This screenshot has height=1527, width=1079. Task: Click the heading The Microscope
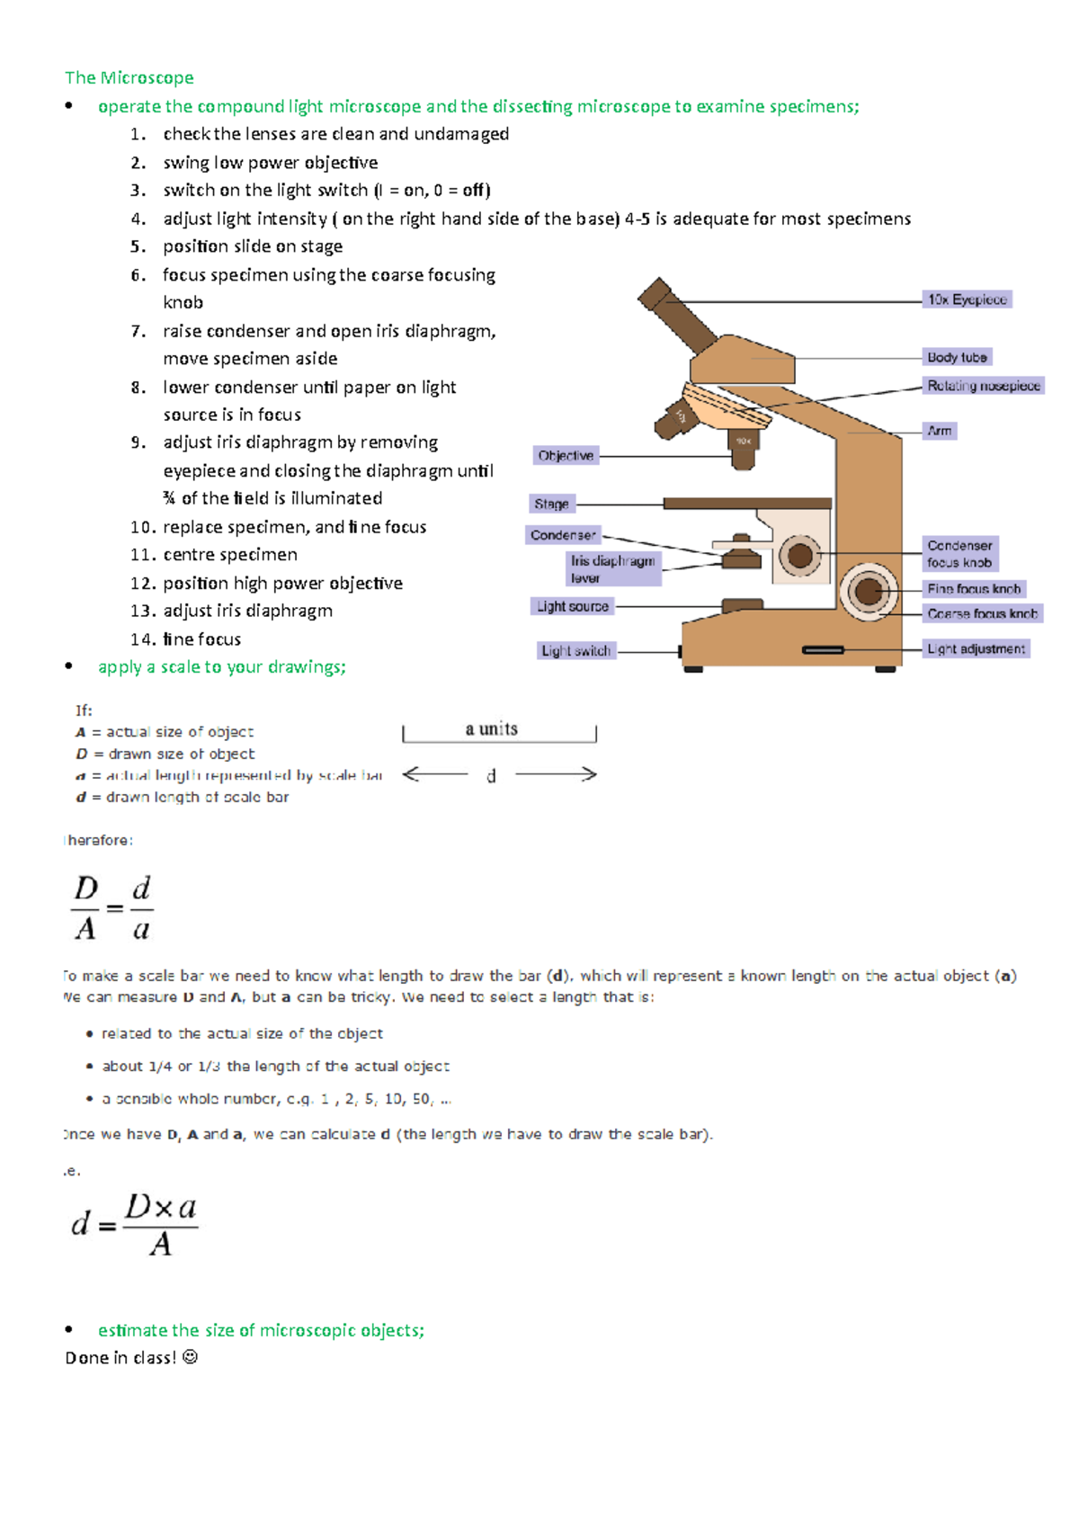tap(129, 77)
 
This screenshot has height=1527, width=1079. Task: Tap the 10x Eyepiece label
tap(967, 299)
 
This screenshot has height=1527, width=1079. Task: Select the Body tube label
tap(957, 357)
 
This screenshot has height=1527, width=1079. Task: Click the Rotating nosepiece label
tap(984, 386)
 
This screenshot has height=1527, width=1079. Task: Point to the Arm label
tap(940, 431)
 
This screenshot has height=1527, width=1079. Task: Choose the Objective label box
tap(566, 456)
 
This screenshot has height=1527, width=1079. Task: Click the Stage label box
tap(551, 504)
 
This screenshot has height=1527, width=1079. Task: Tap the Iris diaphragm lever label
tap(612, 568)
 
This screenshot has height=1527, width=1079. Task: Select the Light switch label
tap(575, 650)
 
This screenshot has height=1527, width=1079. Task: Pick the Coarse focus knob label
tap(982, 613)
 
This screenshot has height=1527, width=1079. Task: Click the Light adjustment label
tap(976, 648)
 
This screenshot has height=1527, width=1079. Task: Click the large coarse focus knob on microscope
tap(869, 592)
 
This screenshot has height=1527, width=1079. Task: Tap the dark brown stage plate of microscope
tap(746, 504)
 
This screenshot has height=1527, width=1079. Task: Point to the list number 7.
tap(138, 331)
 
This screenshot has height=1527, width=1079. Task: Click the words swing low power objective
tap(270, 163)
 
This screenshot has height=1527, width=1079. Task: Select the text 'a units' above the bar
tap(491, 728)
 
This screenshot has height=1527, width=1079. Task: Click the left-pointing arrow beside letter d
tap(434, 774)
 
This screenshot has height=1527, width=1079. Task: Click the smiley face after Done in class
tap(190, 1357)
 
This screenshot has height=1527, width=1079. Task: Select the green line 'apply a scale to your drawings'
tap(221, 666)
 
